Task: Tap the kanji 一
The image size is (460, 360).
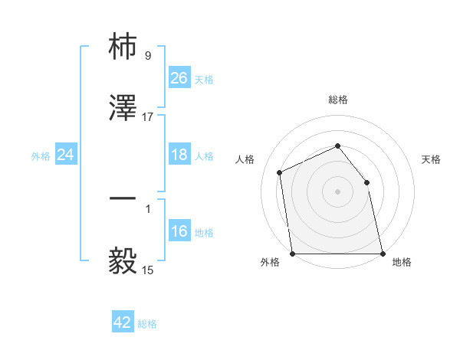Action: tap(123, 200)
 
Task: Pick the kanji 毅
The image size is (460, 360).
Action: tap(123, 261)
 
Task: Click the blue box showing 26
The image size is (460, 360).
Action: tap(179, 78)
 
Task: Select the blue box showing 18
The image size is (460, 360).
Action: tap(179, 155)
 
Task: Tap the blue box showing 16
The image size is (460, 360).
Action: tap(179, 231)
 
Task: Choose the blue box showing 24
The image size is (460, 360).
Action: tap(66, 155)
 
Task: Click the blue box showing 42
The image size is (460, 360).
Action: tap(123, 322)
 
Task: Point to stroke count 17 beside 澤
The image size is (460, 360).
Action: tap(148, 117)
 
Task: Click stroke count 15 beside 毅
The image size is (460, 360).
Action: tap(148, 270)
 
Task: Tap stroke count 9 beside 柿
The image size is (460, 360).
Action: tap(148, 56)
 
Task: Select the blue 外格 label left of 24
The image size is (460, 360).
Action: tap(41, 155)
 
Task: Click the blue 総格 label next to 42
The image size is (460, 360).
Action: tap(147, 324)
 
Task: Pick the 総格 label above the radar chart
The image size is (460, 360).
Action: tap(338, 100)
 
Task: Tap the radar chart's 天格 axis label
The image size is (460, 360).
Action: tap(432, 159)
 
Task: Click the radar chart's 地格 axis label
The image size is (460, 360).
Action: tap(402, 263)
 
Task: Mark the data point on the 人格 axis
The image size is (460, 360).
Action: tap(280, 172)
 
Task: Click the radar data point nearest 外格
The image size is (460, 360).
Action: tap(293, 254)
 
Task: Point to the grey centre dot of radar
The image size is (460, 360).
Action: tap(338, 191)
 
